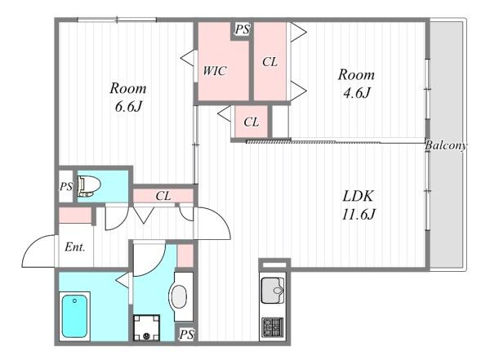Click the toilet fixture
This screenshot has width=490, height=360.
pos(89,187)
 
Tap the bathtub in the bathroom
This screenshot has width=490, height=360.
pos(74,316)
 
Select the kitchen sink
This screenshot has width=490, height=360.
pos(273,291)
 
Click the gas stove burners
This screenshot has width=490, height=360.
pos(272,327)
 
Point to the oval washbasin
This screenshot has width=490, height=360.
pos(178,296)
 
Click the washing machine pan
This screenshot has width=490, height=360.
pos(146,327)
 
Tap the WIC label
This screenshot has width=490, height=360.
pos(214,71)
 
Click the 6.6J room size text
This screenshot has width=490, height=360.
pos(128,107)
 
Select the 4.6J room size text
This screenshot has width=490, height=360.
pos(357,93)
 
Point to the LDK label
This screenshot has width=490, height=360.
pos(358,196)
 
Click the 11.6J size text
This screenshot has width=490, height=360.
pos(359,215)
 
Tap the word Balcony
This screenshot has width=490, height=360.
pos(446,145)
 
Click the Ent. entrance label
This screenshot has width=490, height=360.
pos(75,247)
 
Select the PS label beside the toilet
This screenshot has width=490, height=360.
pos(66,187)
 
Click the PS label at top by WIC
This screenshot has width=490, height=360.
pos(243,29)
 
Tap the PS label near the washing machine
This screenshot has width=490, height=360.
pos(186,335)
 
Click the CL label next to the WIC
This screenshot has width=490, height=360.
pos(270,62)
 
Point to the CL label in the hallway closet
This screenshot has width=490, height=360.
pos(163,196)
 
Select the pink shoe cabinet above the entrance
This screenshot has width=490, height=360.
pos(75,216)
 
